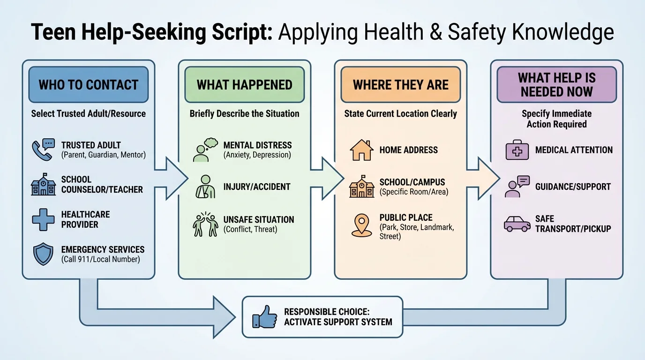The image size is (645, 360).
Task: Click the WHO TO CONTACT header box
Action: click(x=88, y=85)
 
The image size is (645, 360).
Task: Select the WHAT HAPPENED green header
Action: click(x=244, y=85)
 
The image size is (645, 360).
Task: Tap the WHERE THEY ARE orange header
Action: click(x=400, y=85)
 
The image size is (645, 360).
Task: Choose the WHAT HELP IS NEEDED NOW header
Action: click(x=556, y=85)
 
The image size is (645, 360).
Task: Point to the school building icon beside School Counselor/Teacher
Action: click(x=43, y=185)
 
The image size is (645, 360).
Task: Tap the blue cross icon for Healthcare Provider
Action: click(x=43, y=220)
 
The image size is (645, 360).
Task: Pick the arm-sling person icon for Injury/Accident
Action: click(x=205, y=186)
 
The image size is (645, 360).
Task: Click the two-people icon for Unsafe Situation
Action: click(x=205, y=225)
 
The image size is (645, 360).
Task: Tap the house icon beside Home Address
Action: click(x=361, y=150)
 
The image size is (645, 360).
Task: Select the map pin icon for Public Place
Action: click(x=361, y=225)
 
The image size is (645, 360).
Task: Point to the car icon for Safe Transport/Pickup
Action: click(x=517, y=224)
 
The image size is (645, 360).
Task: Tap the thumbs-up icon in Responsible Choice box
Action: click(x=265, y=317)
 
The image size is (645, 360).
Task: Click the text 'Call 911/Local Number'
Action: click(x=100, y=259)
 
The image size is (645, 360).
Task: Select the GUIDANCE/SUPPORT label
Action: click(x=573, y=187)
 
